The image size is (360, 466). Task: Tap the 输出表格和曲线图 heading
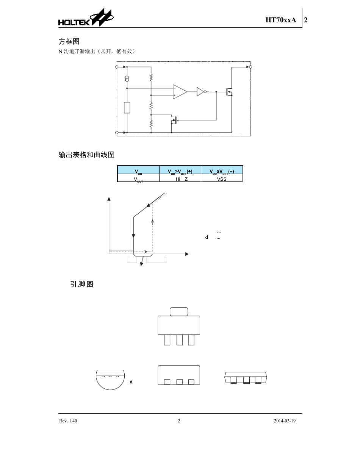click(x=86, y=155)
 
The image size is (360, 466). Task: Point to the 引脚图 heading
click(x=81, y=284)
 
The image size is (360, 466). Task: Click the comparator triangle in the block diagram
click(x=180, y=92)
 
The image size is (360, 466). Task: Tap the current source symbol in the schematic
click(x=127, y=78)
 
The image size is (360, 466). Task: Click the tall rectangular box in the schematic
click(x=127, y=108)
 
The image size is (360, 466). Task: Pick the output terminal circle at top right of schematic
click(x=250, y=67)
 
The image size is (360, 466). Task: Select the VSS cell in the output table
click(x=222, y=179)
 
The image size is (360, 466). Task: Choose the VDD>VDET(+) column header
click(x=180, y=171)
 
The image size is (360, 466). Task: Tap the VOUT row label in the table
click(x=138, y=179)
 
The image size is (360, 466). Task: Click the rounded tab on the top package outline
click(x=179, y=311)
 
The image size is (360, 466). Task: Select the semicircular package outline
click(x=110, y=380)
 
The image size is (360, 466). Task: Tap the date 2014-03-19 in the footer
click(x=284, y=421)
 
